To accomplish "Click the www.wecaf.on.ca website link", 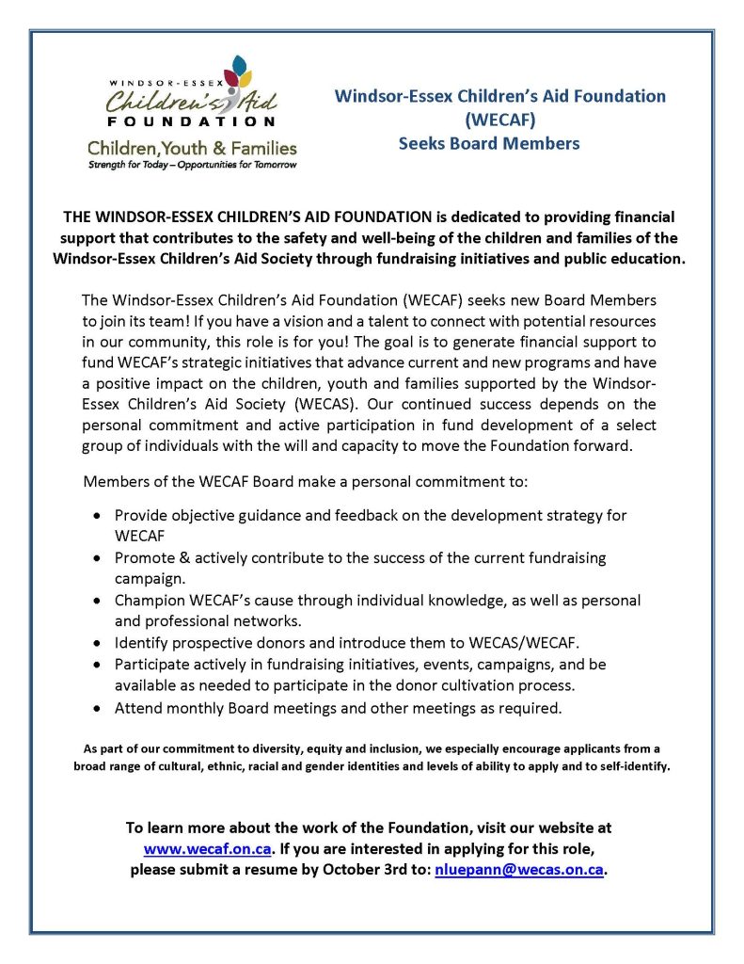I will coord(208,849).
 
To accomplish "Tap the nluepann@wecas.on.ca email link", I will coord(518,870).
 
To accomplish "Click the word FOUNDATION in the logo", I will coord(191,121).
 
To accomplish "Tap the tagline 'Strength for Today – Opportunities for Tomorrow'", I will coord(191,165).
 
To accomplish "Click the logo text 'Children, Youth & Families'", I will coord(192,148).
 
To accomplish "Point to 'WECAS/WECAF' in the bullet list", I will coord(531,643).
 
